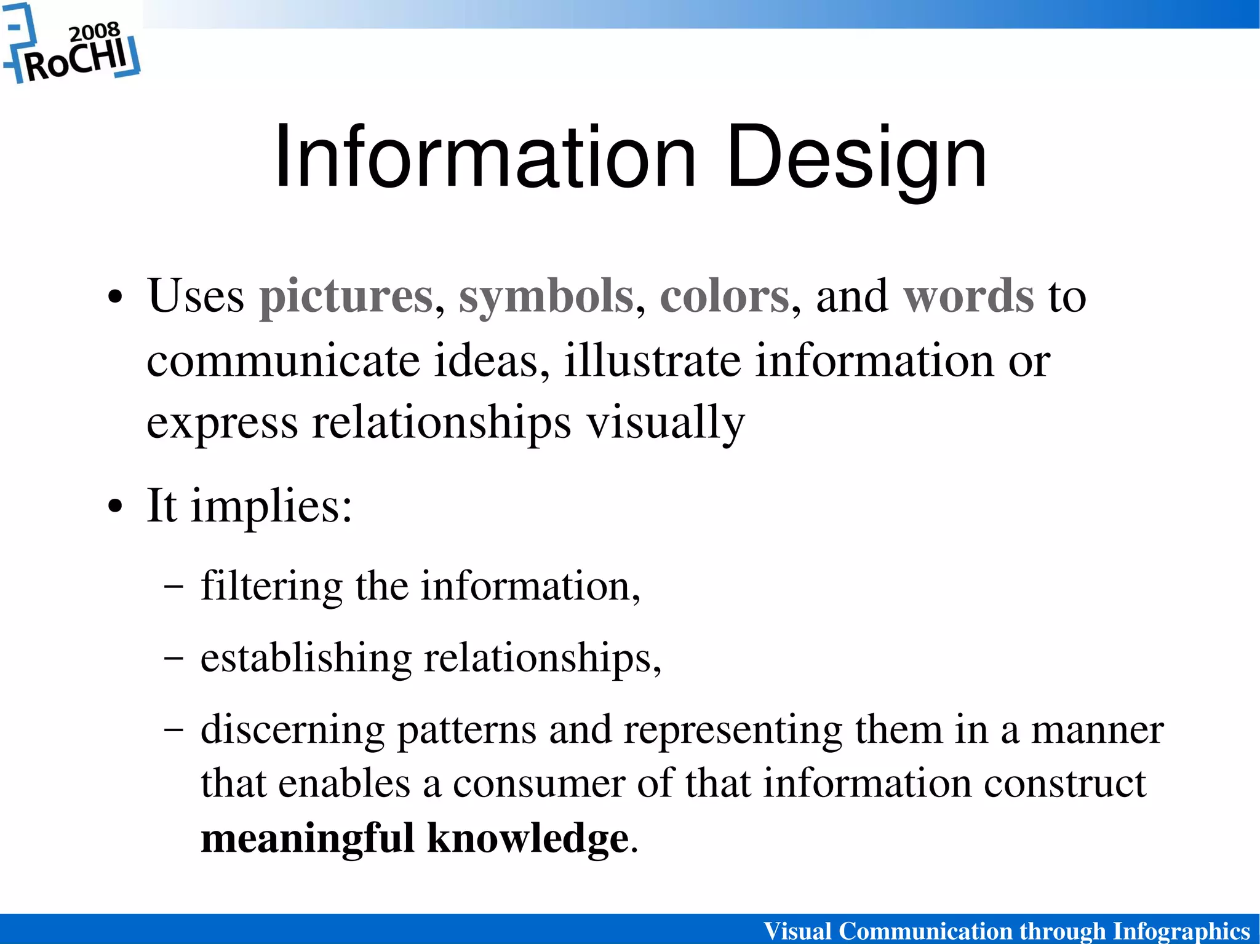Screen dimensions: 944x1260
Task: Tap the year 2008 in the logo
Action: point(94,31)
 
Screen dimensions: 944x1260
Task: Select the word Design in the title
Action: point(856,159)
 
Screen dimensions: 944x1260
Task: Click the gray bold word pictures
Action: point(346,296)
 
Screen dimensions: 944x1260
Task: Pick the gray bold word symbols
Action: point(546,296)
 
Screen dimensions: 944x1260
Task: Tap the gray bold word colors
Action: point(724,296)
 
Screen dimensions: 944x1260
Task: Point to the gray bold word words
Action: point(968,296)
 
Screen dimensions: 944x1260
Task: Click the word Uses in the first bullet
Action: point(196,296)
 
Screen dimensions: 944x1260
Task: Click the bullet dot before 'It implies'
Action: point(115,509)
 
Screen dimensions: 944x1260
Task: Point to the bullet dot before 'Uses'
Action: point(115,298)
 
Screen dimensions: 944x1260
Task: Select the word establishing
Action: point(306,658)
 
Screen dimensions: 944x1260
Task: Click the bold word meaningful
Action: point(308,839)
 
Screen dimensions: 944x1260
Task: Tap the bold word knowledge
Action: point(528,839)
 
